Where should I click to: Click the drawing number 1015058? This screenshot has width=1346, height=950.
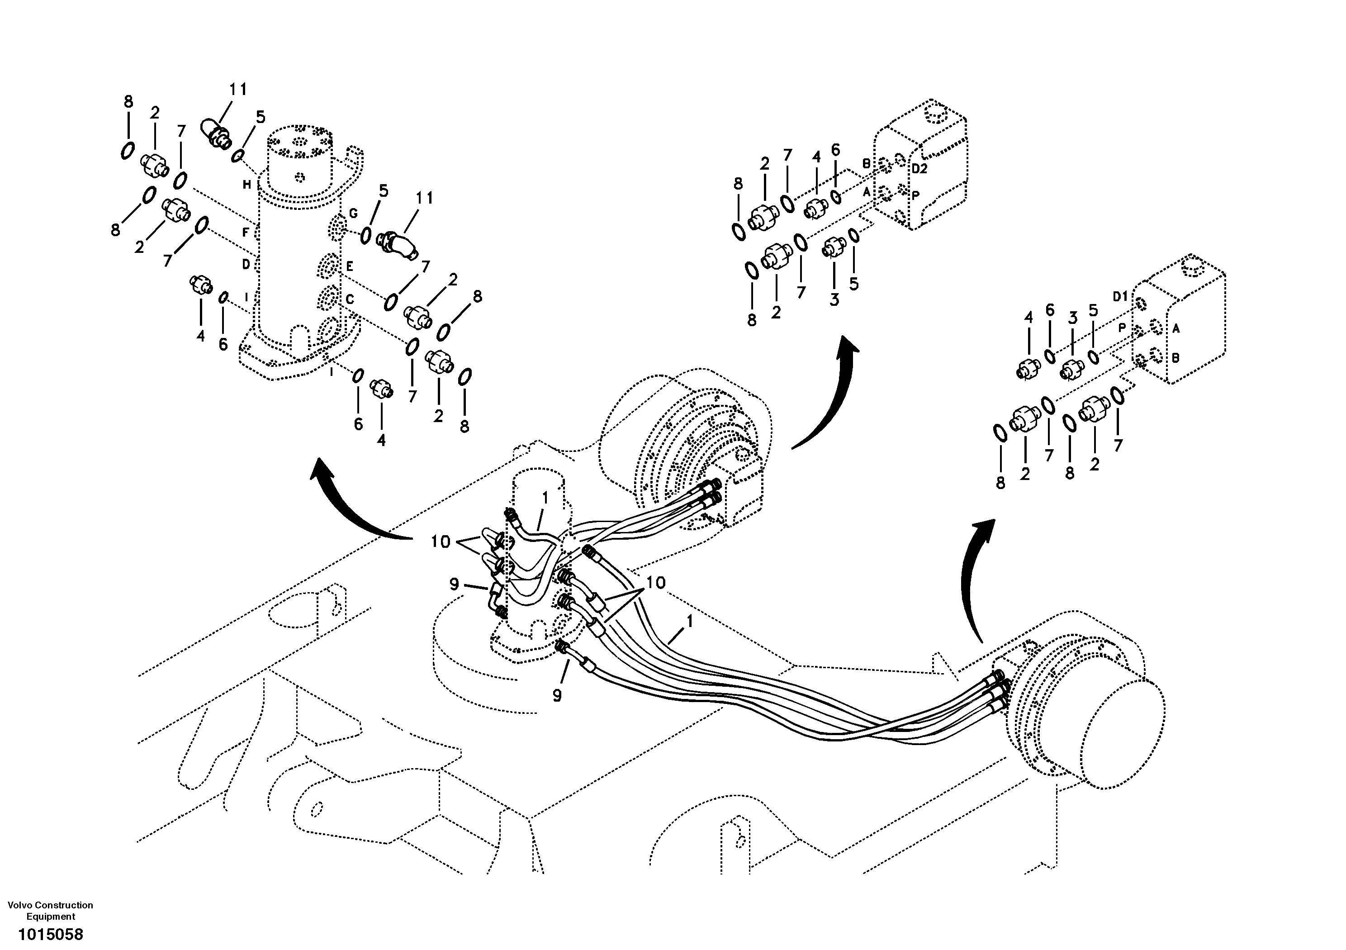pos(50,934)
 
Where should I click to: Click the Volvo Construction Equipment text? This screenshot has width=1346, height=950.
pos(50,911)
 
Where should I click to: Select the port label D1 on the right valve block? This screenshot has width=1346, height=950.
pos(1120,297)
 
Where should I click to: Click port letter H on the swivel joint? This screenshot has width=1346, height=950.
pos(247,185)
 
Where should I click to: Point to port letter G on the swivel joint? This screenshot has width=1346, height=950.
pos(354,214)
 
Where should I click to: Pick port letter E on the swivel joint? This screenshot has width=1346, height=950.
pos(350,266)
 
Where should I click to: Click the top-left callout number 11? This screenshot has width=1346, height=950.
pos(237,90)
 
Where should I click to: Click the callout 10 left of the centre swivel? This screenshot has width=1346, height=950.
pos(440,542)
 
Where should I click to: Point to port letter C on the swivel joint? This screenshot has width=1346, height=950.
pos(350,299)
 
